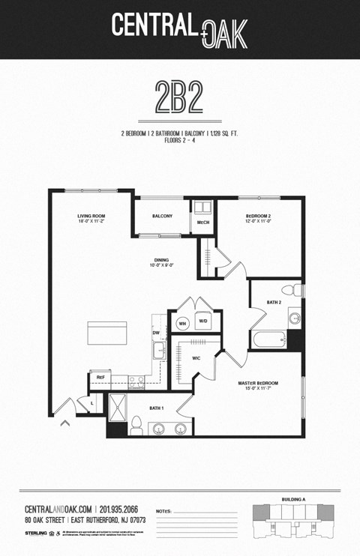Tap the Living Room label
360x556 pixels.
tap(91, 220)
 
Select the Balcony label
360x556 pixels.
tap(163, 217)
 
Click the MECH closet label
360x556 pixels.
tap(202, 223)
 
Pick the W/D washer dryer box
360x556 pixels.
tap(202, 321)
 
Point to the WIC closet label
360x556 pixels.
tap(196, 358)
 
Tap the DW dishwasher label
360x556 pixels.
tap(156, 332)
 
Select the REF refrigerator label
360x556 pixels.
tap(99, 377)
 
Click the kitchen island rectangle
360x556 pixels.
tap(107, 332)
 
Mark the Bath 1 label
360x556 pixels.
tap(157, 408)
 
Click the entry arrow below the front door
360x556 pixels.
tap(65, 423)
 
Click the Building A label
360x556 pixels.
tap(293, 498)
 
